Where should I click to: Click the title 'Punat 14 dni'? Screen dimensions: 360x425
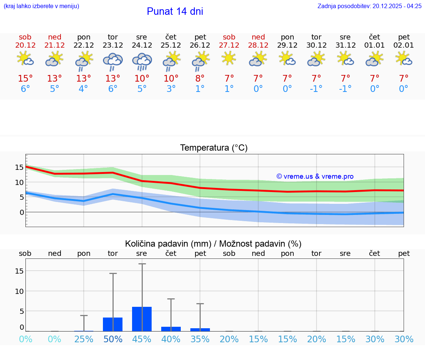tap(175, 11)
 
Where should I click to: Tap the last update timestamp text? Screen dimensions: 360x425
tap(369, 6)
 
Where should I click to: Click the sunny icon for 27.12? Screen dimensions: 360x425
tap(229, 58)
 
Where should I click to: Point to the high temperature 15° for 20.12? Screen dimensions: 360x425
tap(25, 79)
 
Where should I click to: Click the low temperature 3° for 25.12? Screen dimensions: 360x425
tap(171, 89)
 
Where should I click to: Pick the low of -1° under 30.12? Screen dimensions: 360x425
tap(316, 89)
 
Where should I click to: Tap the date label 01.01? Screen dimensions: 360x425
tap(374, 45)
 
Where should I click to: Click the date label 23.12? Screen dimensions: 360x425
tap(113, 45)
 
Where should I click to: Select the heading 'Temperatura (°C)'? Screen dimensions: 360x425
tap(214, 148)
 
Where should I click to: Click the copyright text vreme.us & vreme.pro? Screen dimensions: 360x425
tap(315, 176)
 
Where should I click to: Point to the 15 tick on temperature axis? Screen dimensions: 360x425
tap(19, 167)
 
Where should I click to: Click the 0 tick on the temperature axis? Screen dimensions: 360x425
tap(21, 212)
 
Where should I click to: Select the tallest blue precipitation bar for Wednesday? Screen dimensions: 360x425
tap(142, 319)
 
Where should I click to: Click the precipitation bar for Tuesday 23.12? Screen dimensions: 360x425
tap(113, 324)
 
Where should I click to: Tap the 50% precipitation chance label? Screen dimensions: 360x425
tap(113, 339)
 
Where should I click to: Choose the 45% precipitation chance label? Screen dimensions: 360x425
tap(142, 339)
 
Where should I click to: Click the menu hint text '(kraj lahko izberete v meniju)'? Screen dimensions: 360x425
tap(41, 6)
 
